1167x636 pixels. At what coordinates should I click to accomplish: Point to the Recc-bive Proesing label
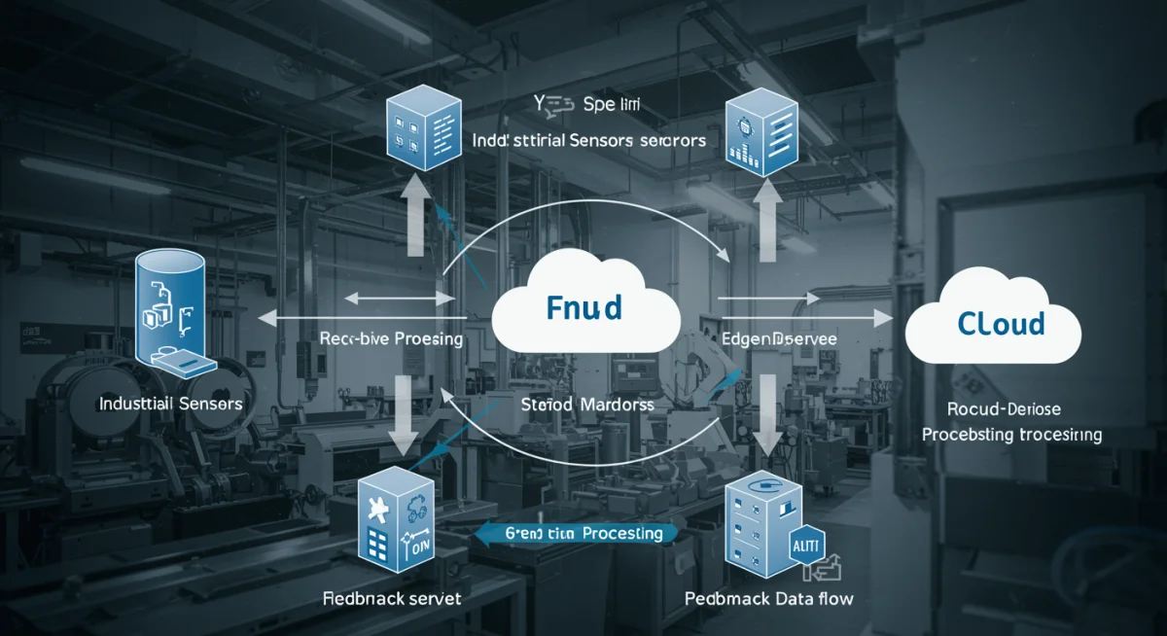pyautogui.click(x=391, y=339)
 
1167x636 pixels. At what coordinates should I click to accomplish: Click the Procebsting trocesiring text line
pyautogui.click(x=1011, y=435)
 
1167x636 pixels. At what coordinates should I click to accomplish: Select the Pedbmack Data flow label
pyautogui.click(x=768, y=598)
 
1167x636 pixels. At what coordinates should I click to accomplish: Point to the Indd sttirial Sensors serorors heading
pyautogui.click(x=588, y=140)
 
